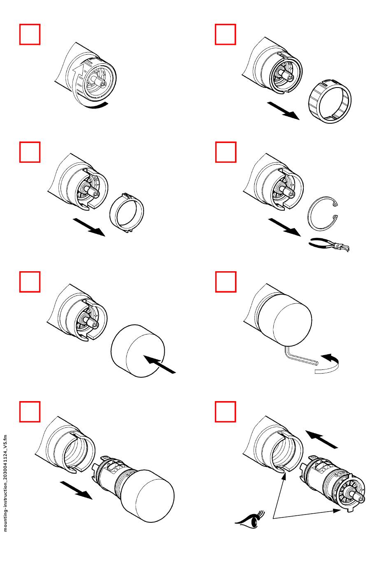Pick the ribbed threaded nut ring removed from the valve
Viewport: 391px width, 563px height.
click(330, 101)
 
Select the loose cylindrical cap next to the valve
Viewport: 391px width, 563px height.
click(137, 350)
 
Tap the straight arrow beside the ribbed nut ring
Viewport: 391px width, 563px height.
click(283, 111)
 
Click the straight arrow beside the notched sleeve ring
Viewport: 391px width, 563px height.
click(89, 227)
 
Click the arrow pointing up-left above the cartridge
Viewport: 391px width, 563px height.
click(321, 439)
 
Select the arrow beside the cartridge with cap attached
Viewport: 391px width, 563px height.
click(76, 490)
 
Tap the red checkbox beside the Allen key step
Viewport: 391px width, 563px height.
click(226, 281)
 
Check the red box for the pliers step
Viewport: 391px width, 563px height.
click(226, 152)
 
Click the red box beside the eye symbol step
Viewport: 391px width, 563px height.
click(226, 411)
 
